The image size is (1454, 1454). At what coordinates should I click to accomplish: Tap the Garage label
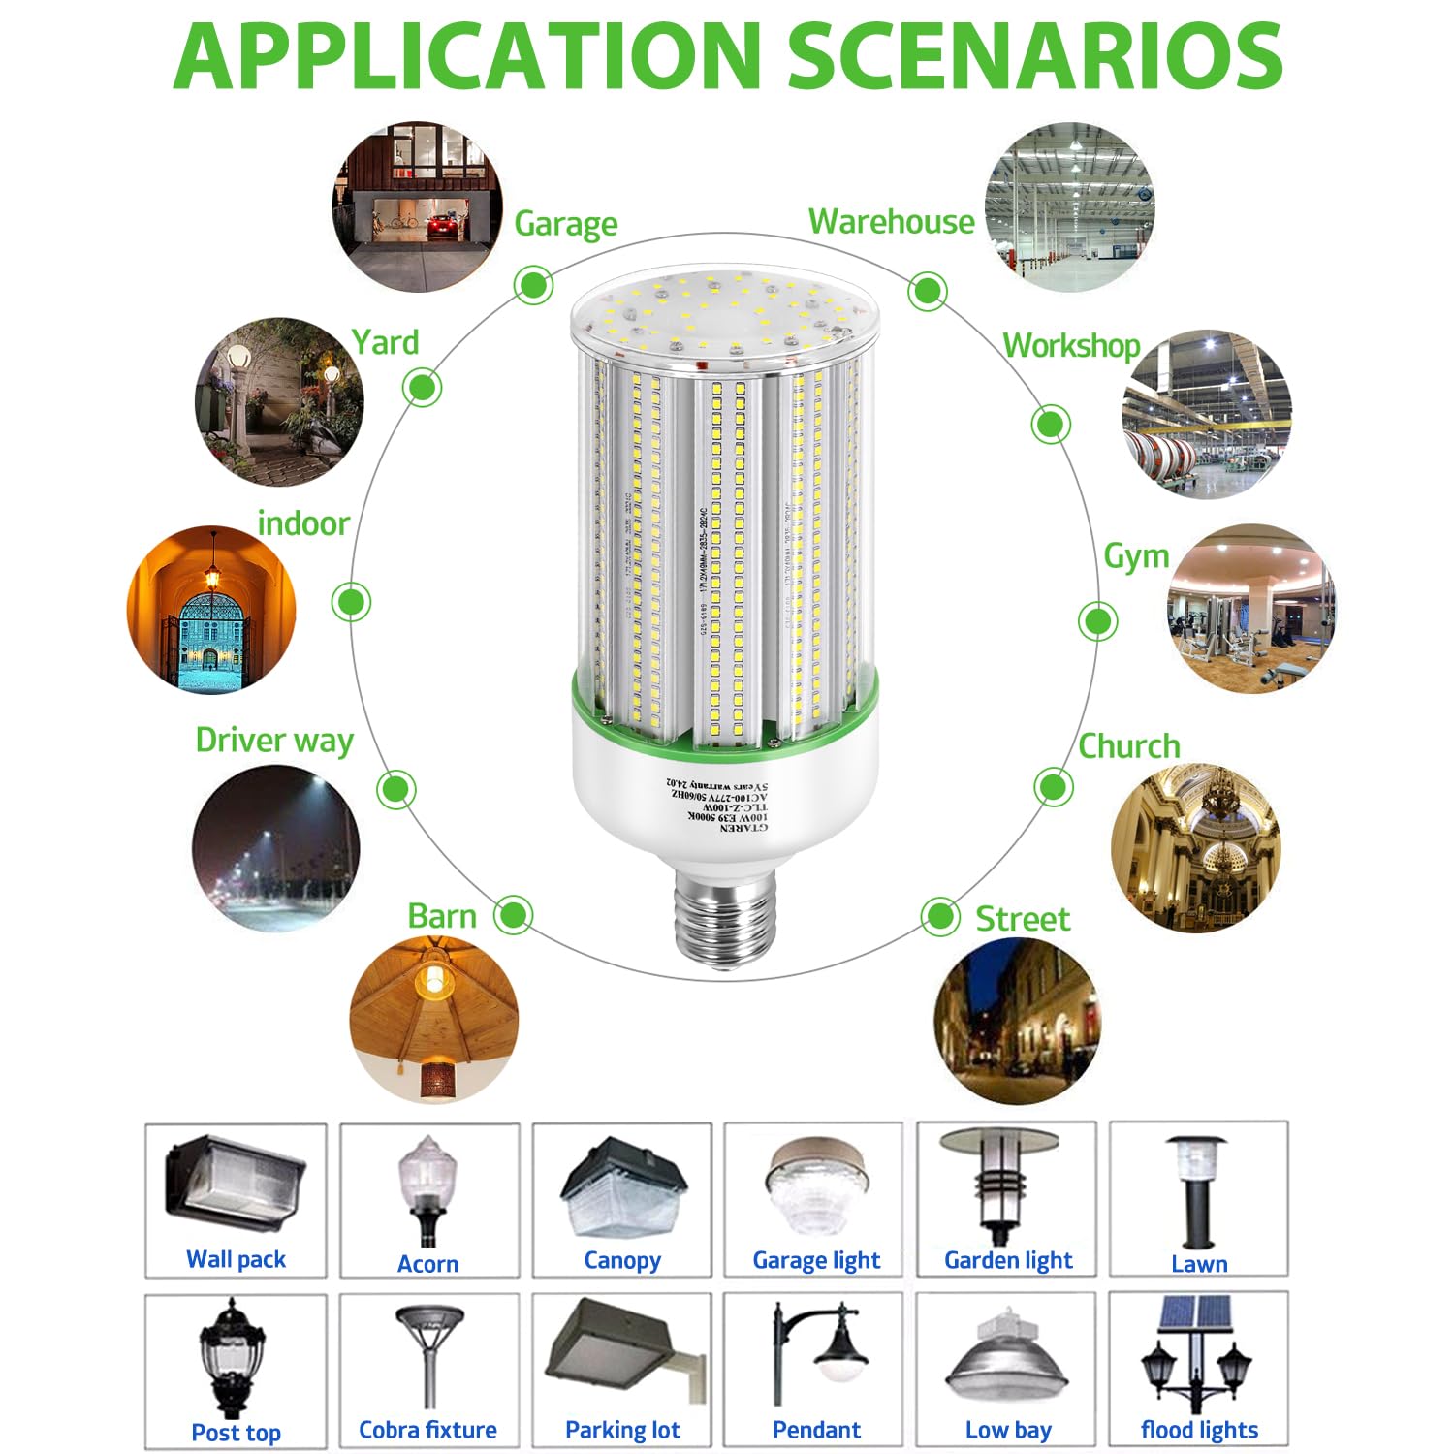(565, 224)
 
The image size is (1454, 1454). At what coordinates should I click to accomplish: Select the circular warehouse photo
(1069, 206)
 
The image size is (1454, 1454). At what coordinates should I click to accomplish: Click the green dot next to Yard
(422, 388)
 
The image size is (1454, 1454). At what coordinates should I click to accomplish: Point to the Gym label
(1136, 556)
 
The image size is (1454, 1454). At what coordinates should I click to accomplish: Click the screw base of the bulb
(724, 916)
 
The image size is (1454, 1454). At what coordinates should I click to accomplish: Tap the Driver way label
(274, 741)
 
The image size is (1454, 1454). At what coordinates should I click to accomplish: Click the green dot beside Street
(939, 916)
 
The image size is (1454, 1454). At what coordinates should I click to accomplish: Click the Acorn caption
(427, 1264)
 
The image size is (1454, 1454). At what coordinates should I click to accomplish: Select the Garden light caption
(1008, 1260)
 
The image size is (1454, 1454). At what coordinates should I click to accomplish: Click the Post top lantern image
(233, 1357)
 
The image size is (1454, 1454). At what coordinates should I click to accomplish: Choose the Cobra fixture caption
(427, 1430)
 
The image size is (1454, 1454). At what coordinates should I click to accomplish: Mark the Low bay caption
(1008, 1430)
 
